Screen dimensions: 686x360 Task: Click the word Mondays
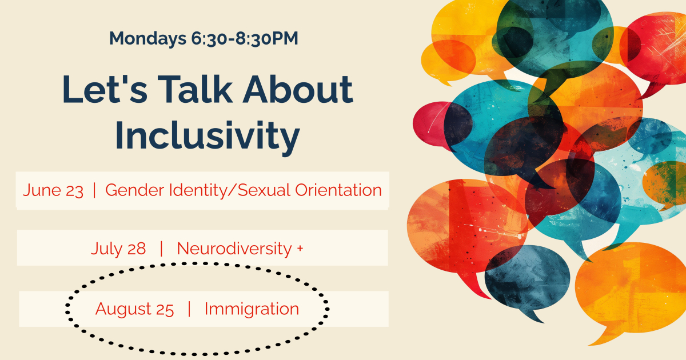click(x=147, y=39)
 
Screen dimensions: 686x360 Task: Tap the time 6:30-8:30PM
click(x=245, y=38)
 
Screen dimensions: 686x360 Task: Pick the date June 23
click(x=53, y=190)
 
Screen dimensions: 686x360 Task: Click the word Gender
click(x=135, y=190)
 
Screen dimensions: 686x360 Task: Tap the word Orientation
click(x=338, y=190)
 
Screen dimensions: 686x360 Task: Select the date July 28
click(x=118, y=248)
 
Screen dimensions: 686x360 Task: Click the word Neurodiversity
click(x=234, y=248)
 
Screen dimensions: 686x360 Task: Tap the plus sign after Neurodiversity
click(x=300, y=247)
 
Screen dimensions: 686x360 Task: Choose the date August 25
click(x=134, y=309)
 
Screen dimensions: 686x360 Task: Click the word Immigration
click(x=252, y=309)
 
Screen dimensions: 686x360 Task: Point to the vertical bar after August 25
click(x=189, y=309)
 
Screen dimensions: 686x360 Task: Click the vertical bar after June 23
click(x=94, y=190)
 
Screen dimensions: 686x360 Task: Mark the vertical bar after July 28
click(x=161, y=248)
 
